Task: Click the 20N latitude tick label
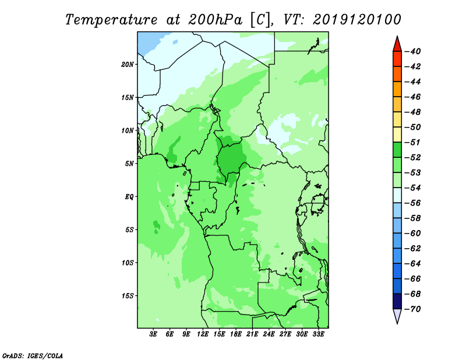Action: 128,65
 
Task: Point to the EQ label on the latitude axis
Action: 129,197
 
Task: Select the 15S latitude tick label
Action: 128,296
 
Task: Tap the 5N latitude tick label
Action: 129,164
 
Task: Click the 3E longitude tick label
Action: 153,334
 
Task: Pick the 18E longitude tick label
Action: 236,334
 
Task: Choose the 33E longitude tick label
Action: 318,334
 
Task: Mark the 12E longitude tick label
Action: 203,334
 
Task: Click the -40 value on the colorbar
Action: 413,51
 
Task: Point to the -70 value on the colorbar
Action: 413,309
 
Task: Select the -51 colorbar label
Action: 413,142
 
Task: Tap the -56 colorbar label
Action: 413,203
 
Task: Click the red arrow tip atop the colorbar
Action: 397,36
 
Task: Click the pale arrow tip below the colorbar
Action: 397,323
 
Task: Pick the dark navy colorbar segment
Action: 397,301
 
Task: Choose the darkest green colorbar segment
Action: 397,150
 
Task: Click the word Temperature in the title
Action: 111,20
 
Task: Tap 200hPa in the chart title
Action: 215,20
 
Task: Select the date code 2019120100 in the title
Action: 356,20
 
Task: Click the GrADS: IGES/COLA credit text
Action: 33,355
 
